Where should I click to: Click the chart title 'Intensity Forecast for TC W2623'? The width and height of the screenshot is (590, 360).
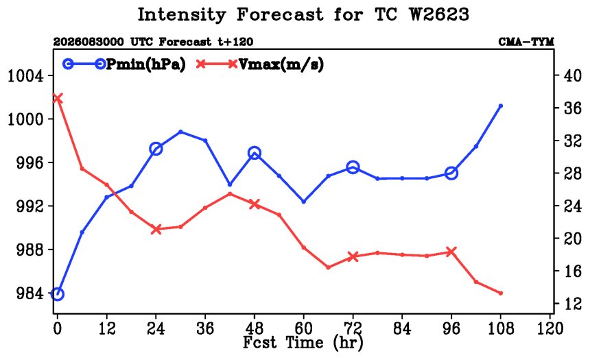click(303, 15)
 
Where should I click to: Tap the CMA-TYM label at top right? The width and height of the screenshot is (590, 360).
click(526, 42)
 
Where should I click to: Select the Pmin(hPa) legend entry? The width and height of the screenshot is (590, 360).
click(124, 64)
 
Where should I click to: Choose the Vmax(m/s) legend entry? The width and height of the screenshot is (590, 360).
click(259, 64)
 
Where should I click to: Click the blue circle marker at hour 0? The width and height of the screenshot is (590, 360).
click(57, 293)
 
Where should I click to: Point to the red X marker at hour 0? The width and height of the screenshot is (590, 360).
click(57, 99)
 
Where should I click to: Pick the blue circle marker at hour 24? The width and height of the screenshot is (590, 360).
click(156, 149)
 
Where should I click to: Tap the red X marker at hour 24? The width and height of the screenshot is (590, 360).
click(156, 229)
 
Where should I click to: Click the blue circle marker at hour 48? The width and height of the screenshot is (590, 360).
click(255, 153)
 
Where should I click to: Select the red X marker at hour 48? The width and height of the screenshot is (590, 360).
click(255, 204)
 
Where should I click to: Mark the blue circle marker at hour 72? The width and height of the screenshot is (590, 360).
click(353, 167)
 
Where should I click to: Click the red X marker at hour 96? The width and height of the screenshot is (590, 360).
click(451, 252)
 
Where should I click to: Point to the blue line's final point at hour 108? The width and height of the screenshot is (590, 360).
click(500, 106)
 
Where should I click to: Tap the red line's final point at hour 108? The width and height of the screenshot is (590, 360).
click(500, 293)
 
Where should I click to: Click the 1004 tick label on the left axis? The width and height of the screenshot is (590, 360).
click(25, 76)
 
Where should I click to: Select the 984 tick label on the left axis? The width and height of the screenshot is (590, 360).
click(30, 293)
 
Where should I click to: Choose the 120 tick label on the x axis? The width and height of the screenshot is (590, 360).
click(550, 328)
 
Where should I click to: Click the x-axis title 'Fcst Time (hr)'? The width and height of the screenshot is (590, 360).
click(303, 343)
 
